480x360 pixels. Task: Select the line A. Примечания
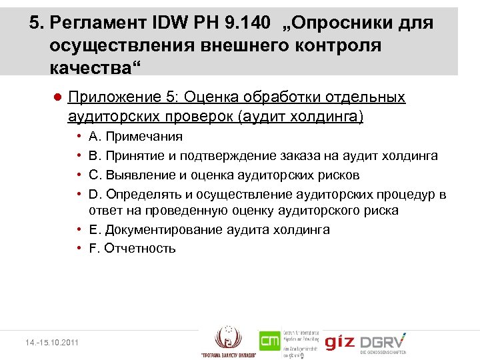pos(135,137)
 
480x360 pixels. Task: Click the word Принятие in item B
pos(132,156)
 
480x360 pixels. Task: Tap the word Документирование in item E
pos(153,230)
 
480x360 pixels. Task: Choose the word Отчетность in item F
pos(140,249)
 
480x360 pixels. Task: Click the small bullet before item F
pos(79,249)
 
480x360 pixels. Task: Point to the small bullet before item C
pos(79,175)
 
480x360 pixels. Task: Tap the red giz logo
pos(339,342)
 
